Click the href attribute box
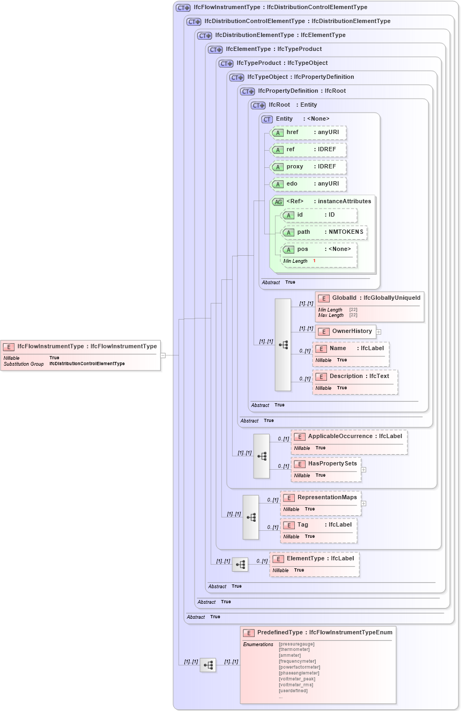pyautogui.click(x=308, y=132)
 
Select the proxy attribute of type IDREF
pyautogui.click(x=308, y=167)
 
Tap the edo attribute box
pyautogui.click(x=308, y=184)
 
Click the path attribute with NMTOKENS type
pyautogui.click(x=324, y=232)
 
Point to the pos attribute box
pyautogui.click(x=319, y=249)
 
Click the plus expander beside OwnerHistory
pyautogui.click(x=378, y=331)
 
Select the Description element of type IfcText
pyautogui.click(x=355, y=376)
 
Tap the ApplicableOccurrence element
pyautogui.click(x=349, y=436)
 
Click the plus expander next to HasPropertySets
pyautogui.click(x=363, y=470)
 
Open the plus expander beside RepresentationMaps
pyautogui.click(x=363, y=503)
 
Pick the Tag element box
pyautogui.click(x=318, y=525)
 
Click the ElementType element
pyautogui.click(x=314, y=559)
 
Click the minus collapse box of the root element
pyautogui.click(x=163, y=355)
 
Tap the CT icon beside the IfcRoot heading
pyautogui.click(x=259, y=105)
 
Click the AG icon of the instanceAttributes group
pyautogui.click(x=278, y=202)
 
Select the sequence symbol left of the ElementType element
pyautogui.click(x=240, y=565)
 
